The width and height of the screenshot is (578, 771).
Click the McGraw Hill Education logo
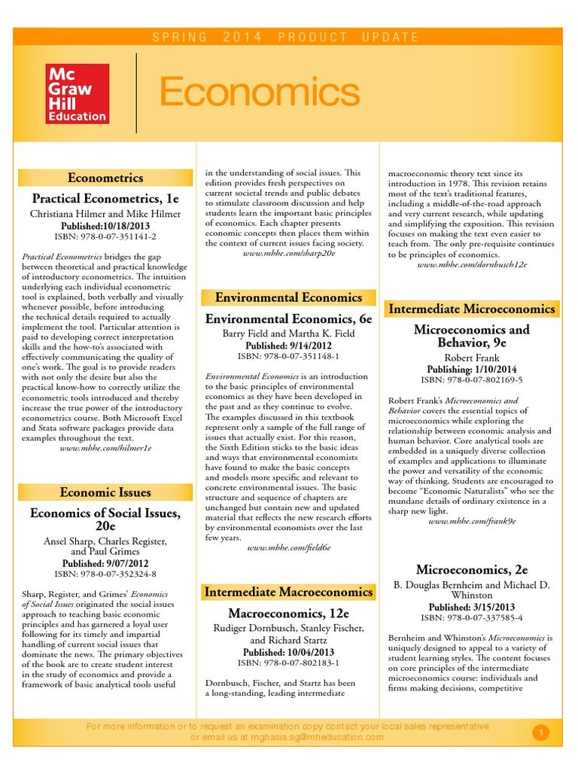(78, 93)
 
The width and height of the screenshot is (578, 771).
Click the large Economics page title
(260, 93)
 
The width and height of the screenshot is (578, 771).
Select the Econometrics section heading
(105, 178)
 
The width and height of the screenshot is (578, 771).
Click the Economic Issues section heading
(105, 492)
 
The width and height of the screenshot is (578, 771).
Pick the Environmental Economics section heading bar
(289, 297)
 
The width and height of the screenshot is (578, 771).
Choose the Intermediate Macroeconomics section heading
(289, 592)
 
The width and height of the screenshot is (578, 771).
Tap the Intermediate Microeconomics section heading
(472, 309)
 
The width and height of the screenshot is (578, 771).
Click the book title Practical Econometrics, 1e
(105, 199)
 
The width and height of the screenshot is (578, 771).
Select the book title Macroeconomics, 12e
(289, 613)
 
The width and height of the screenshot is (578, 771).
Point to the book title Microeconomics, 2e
(472, 569)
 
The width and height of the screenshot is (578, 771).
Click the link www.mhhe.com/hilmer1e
(105, 448)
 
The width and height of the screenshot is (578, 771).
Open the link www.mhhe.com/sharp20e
(289, 254)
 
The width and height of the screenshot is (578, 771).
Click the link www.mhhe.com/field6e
(289, 549)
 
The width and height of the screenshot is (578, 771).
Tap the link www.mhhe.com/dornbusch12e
(472, 265)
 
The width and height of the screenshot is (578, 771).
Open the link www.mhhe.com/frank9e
(472, 521)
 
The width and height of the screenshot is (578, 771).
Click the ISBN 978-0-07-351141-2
(105, 236)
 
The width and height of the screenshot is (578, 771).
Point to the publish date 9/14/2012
(289, 345)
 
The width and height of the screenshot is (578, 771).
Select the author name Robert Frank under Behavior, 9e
(472, 358)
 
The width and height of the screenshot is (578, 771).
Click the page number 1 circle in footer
(540, 732)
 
